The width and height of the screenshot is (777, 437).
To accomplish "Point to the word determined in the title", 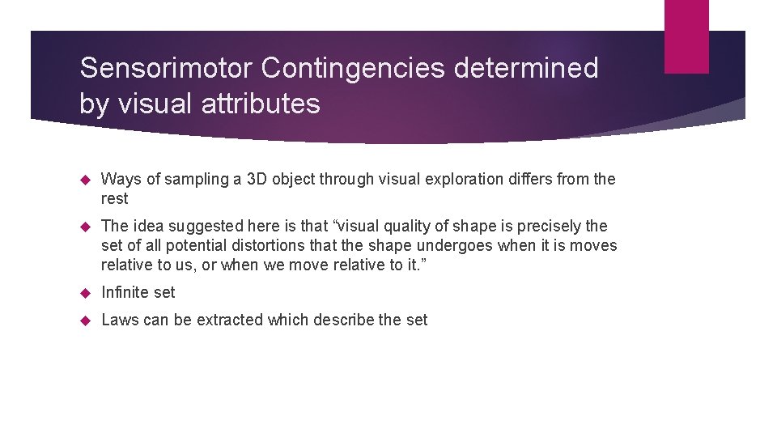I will click(x=526, y=69).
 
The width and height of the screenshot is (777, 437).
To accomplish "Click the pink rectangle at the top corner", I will click(x=686, y=36).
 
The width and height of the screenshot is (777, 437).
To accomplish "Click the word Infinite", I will click(x=123, y=292).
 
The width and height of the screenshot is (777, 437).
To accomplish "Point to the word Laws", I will click(x=119, y=320).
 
